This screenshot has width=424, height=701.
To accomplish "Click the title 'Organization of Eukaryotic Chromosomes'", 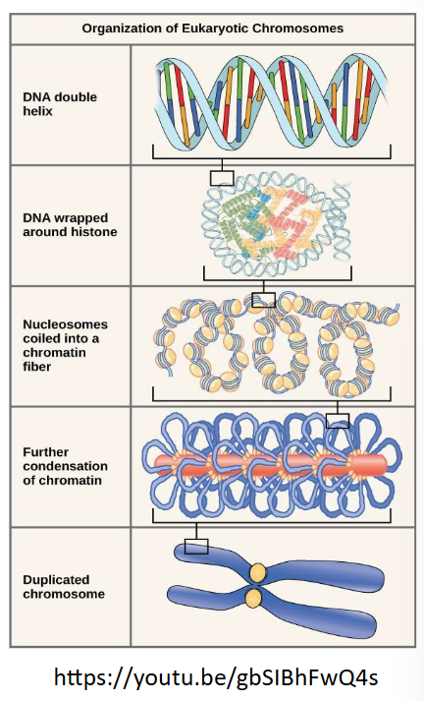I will pyautogui.click(x=212, y=29).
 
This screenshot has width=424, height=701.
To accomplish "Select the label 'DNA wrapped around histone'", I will pyautogui.click(x=70, y=224).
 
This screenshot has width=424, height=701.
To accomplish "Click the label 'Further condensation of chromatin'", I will pyautogui.click(x=65, y=466).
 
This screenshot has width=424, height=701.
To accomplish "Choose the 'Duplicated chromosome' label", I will pyautogui.click(x=63, y=587).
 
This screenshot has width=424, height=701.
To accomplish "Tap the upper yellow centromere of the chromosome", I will pyautogui.click(x=257, y=571).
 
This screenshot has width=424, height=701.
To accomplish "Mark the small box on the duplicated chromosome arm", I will pyautogui.click(x=196, y=545).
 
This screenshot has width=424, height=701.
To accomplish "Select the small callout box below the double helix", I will pyautogui.click(x=223, y=178).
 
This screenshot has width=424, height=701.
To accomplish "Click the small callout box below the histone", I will pyautogui.click(x=263, y=299).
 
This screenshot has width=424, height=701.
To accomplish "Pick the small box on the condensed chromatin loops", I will pyautogui.click(x=338, y=420).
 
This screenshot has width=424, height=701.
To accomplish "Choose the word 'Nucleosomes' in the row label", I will pyautogui.click(x=65, y=323).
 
